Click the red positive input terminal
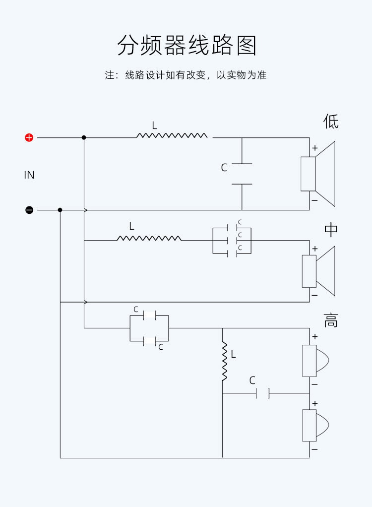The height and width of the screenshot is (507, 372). pyautogui.click(x=29, y=137)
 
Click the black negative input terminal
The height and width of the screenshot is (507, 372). pyautogui.click(x=29, y=210)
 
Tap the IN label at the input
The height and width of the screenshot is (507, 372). pyautogui.click(x=29, y=175)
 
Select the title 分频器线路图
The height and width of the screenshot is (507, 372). pyautogui.click(x=187, y=45)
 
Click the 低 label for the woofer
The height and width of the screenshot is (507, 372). pyautogui.click(x=331, y=121)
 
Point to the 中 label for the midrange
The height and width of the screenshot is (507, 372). pyautogui.click(x=331, y=230)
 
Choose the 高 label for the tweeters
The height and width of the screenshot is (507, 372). pyautogui.click(x=331, y=320)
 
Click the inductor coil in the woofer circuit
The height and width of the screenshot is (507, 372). pyautogui.click(x=172, y=135)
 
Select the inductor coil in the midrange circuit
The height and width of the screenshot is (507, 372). pyautogui.click(x=149, y=238)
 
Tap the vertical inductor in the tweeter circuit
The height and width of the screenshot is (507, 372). pyautogui.click(x=224, y=361)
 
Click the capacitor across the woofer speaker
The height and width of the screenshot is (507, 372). pyautogui.click(x=242, y=174)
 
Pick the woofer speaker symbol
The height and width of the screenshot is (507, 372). pyautogui.click(x=318, y=174)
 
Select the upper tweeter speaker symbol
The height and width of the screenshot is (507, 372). pyautogui.click(x=315, y=361)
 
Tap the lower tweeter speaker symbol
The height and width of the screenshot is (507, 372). pyautogui.click(x=315, y=426)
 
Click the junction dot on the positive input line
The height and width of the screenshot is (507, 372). pyautogui.click(x=84, y=137)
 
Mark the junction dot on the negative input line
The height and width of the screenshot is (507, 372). pyautogui.click(x=60, y=210)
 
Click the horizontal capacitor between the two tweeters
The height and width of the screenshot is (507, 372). pyautogui.click(x=262, y=393)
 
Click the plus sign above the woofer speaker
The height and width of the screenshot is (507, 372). pyautogui.click(x=314, y=148)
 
